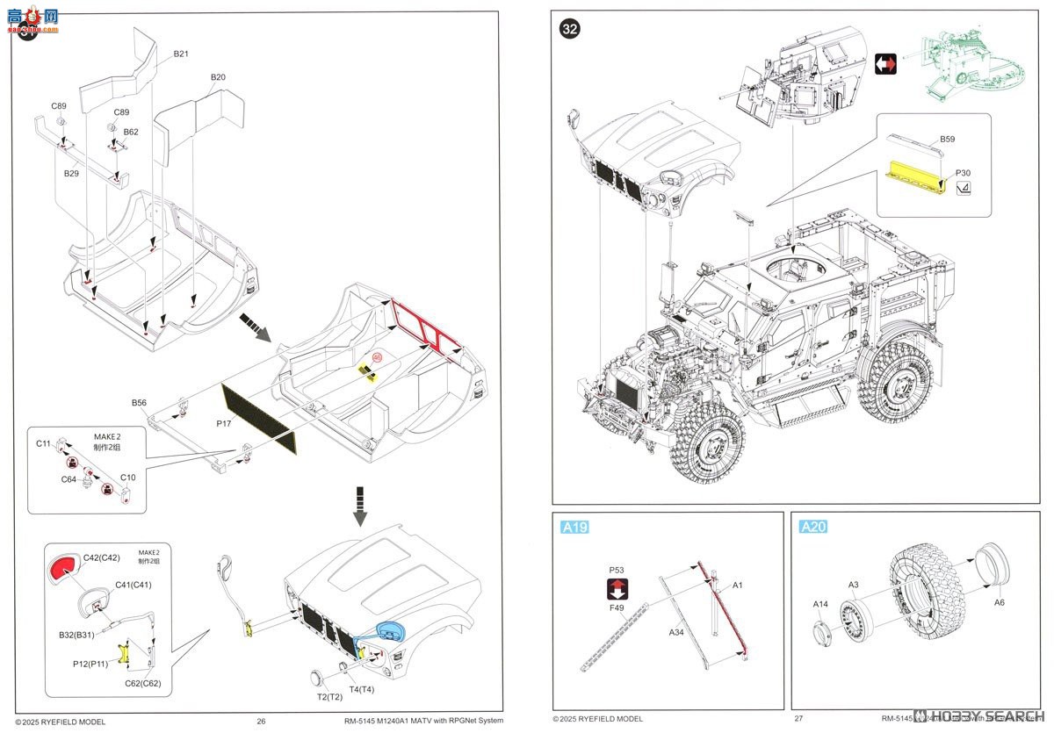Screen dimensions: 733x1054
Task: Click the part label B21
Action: point(181,54)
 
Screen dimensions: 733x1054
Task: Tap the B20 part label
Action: point(218,77)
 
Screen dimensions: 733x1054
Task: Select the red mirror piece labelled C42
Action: point(62,569)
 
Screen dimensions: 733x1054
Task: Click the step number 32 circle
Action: point(569,29)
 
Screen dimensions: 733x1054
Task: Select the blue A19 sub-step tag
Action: point(574,527)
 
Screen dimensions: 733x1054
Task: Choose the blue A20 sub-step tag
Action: point(812,527)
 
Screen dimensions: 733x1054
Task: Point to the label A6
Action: point(1000,602)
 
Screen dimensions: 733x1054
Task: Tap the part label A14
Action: point(820,604)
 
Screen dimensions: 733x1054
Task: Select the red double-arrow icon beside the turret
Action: point(885,65)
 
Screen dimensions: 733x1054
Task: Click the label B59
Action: point(947,139)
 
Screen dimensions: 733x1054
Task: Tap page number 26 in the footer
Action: point(261,722)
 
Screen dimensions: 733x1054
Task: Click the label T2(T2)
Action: point(329,696)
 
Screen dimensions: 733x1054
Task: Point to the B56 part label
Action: point(139,402)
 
